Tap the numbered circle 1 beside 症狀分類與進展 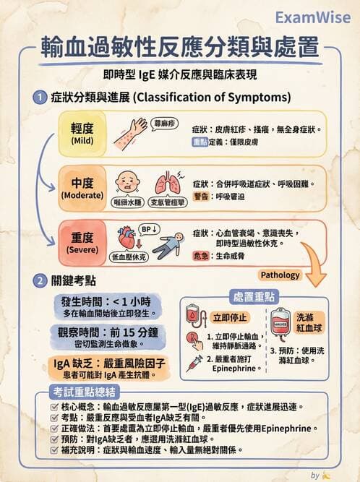39,97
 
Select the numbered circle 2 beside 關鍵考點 39,280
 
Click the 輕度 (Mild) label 82,132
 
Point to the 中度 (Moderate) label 82,187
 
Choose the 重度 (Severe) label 82,242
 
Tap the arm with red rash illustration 129,132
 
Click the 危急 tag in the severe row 202,256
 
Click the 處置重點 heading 254,297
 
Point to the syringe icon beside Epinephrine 194,363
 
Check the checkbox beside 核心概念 55,407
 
